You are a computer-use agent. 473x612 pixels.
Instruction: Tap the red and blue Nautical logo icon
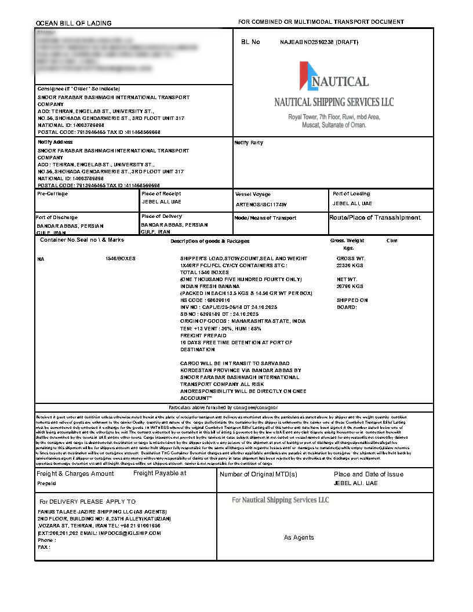tap(308, 76)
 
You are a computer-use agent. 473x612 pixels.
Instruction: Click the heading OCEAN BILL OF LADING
tap(74, 23)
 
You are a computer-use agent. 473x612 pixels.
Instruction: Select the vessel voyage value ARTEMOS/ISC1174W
tap(261, 205)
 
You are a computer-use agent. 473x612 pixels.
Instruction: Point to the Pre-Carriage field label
tap(53, 194)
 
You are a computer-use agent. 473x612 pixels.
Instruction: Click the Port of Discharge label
tap(57, 217)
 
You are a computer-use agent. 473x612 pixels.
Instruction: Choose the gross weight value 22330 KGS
tap(350, 265)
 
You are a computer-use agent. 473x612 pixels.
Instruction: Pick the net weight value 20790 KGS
tap(350, 286)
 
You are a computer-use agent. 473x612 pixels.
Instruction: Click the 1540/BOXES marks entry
tap(121, 258)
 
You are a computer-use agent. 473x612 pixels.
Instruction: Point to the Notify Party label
tap(249, 143)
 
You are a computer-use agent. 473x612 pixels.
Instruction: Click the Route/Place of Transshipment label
tap(374, 217)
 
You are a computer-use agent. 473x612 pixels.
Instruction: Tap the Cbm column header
tap(392, 241)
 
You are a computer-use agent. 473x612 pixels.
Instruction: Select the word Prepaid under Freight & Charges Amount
tap(47, 483)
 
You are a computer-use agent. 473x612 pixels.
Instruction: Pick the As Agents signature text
tap(299, 537)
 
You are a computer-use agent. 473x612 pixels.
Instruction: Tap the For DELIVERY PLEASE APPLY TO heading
tap(87, 501)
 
